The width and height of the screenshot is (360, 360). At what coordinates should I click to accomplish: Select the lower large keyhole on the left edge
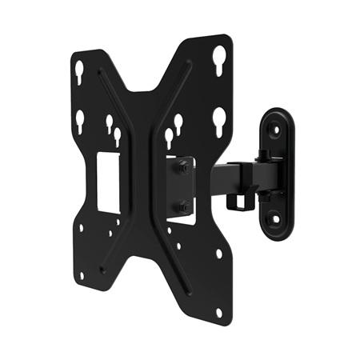point(80,121)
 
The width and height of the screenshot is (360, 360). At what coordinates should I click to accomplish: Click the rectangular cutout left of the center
point(107,183)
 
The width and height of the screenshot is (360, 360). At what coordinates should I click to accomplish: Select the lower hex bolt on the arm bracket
point(184,207)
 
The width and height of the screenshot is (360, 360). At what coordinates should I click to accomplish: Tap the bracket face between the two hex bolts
point(182,188)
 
